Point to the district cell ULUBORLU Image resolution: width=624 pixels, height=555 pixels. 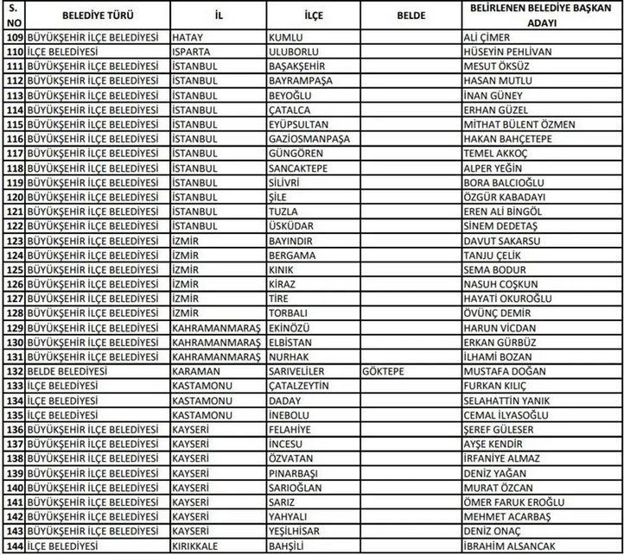tap(296, 51)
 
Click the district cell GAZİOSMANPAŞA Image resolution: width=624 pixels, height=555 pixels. tap(312, 137)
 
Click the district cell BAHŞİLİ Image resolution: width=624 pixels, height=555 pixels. tap(291, 545)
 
